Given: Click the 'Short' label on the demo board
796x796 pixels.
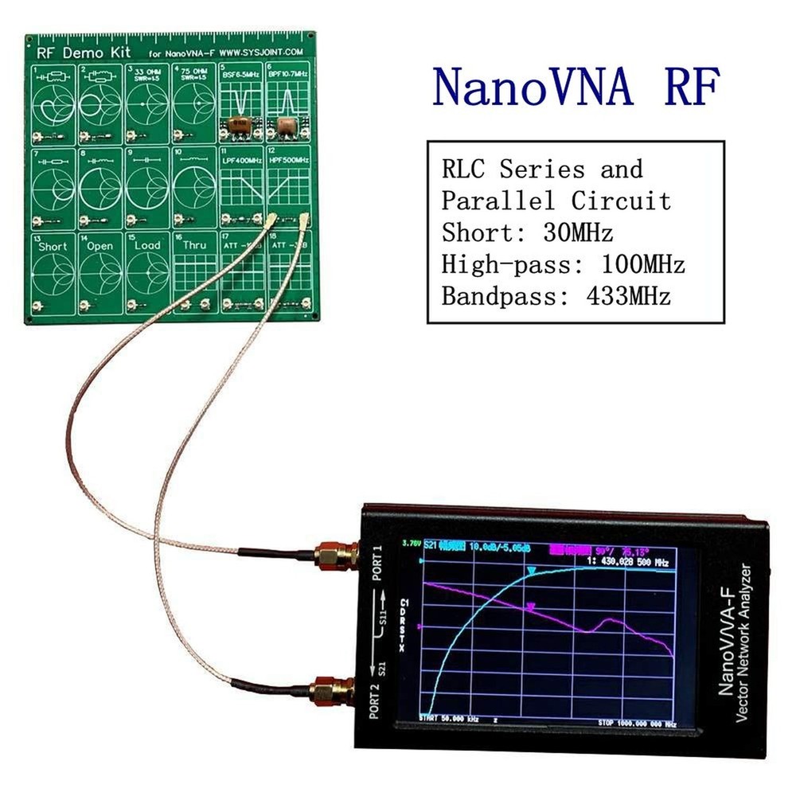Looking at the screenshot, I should coord(53,246).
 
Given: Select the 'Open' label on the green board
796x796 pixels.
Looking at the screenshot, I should coord(100,246).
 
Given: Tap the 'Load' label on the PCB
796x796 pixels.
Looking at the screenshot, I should coord(148,246).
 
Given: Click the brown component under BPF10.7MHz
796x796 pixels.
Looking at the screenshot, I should coord(284,123).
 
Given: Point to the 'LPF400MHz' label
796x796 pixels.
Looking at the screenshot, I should coord(242,160).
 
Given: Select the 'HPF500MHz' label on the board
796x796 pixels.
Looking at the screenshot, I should coord(288,160).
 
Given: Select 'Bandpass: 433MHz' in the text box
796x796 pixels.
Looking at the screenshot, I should coord(556,296).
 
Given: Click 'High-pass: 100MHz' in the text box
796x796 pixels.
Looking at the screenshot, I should coord(563,264).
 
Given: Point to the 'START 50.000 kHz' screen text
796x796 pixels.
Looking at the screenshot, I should coord(450,720).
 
